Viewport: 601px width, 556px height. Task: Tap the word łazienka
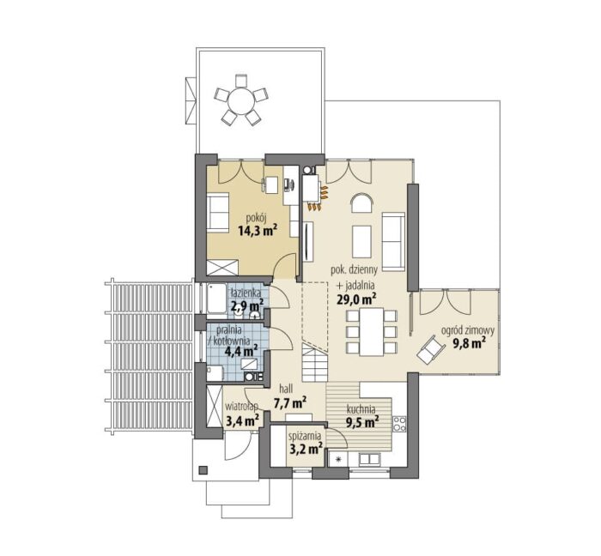click(x=246, y=293)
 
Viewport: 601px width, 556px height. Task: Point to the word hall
click(x=286, y=390)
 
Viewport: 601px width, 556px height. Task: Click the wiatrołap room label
click(x=241, y=407)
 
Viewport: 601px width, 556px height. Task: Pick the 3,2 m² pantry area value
click(x=306, y=448)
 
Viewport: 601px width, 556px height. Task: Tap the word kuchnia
click(x=361, y=409)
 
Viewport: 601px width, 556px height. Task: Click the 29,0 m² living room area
click(x=356, y=299)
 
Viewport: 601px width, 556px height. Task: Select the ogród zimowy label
click(x=468, y=330)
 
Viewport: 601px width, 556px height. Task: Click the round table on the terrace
click(x=241, y=101)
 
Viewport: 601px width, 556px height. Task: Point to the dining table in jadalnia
click(x=372, y=331)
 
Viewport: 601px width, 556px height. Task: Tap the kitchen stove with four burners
click(x=399, y=424)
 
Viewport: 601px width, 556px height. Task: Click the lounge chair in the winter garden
click(x=431, y=349)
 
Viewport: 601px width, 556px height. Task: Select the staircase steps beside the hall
click(x=315, y=363)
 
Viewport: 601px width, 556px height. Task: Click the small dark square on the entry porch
click(x=203, y=469)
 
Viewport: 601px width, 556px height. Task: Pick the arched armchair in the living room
click(x=361, y=202)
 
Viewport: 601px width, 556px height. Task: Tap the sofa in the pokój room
click(x=217, y=212)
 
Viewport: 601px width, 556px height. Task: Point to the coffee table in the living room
click(x=361, y=241)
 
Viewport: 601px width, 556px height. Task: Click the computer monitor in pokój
click(x=288, y=185)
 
